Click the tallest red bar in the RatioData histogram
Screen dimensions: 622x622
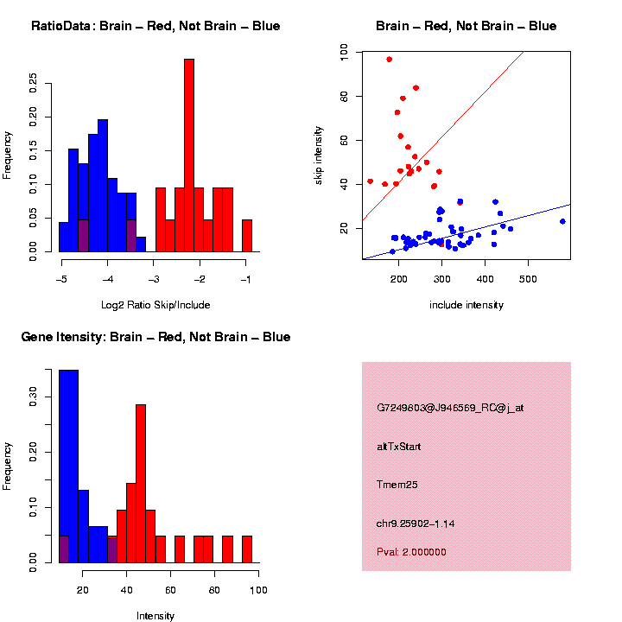pos(189,155)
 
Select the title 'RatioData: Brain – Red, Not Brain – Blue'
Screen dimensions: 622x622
pos(155,26)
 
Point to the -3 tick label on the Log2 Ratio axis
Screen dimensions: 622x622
pos(154,279)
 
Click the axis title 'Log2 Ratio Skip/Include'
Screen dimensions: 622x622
pos(155,304)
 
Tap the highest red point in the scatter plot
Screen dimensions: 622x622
pos(390,59)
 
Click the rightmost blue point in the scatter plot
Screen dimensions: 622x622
pos(562,221)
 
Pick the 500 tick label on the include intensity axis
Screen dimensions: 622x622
pos(528,279)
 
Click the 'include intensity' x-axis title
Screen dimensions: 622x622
pos(466,305)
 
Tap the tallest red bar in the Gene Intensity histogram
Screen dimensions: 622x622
pos(141,484)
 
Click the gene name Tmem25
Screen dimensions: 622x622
pos(397,485)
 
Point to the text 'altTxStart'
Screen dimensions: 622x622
pos(399,447)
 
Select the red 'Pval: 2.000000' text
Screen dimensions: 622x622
pos(412,551)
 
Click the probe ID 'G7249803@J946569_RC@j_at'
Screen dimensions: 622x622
pos(450,408)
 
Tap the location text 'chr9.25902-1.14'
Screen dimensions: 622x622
pos(416,523)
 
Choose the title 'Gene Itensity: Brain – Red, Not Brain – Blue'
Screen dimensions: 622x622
pos(155,336)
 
